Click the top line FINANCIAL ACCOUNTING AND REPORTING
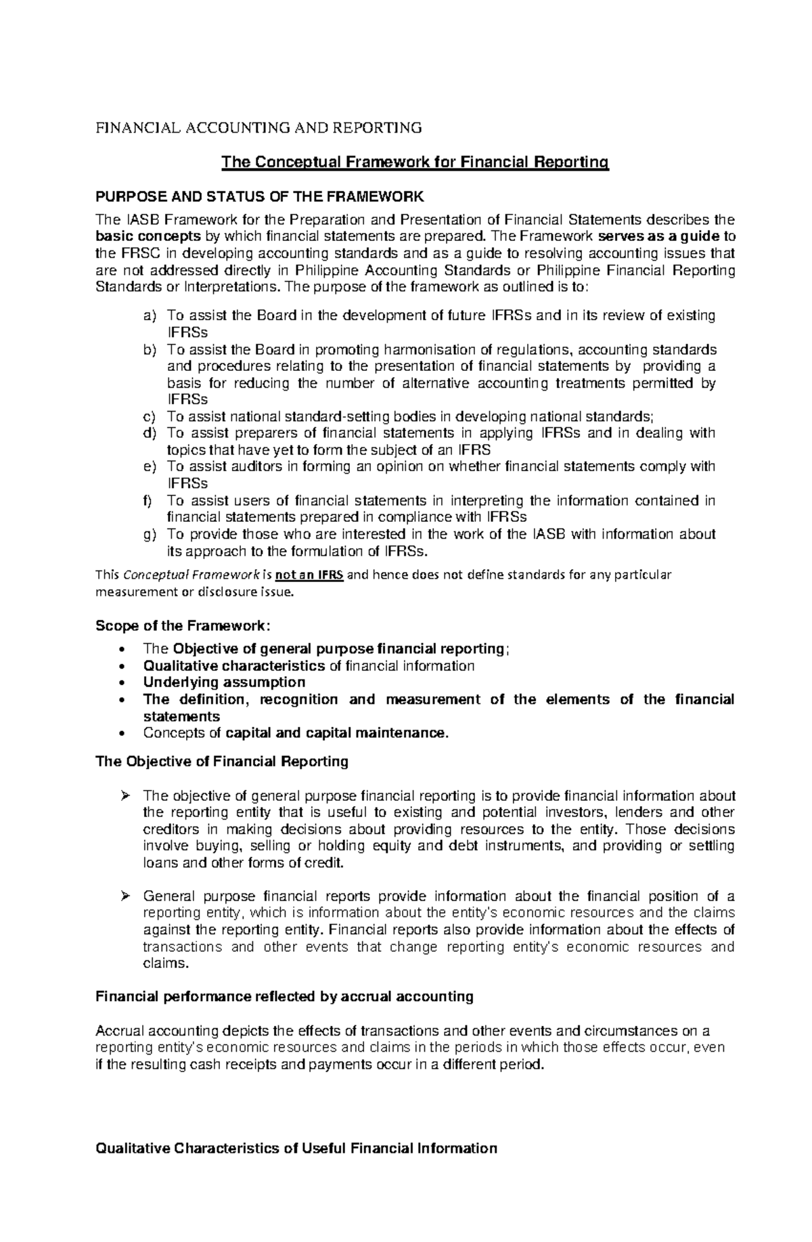(x=258, y=129)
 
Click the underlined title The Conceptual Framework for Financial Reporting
(x=415, y=162)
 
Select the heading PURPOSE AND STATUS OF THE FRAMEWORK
(x=260, y=197)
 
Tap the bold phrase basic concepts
(x=148, y=237)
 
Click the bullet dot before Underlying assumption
(x=121, y=683)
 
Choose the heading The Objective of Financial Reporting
(x=222, y=761)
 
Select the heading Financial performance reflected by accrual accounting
(x=284, y=996)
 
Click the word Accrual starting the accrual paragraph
(x=120, y=1032)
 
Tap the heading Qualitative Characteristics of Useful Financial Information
(x=296, y=1149)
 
